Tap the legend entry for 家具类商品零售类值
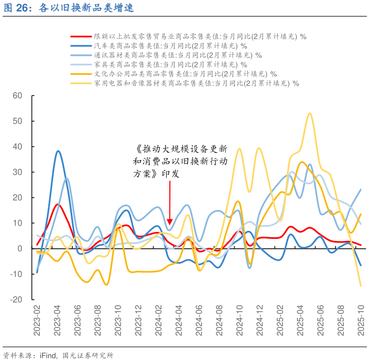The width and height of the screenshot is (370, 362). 169,64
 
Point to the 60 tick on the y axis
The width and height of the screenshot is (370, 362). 18,96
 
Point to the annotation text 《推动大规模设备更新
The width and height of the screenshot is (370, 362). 182,148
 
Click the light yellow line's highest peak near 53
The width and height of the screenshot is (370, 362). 309,113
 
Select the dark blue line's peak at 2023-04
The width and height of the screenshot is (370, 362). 58,151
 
